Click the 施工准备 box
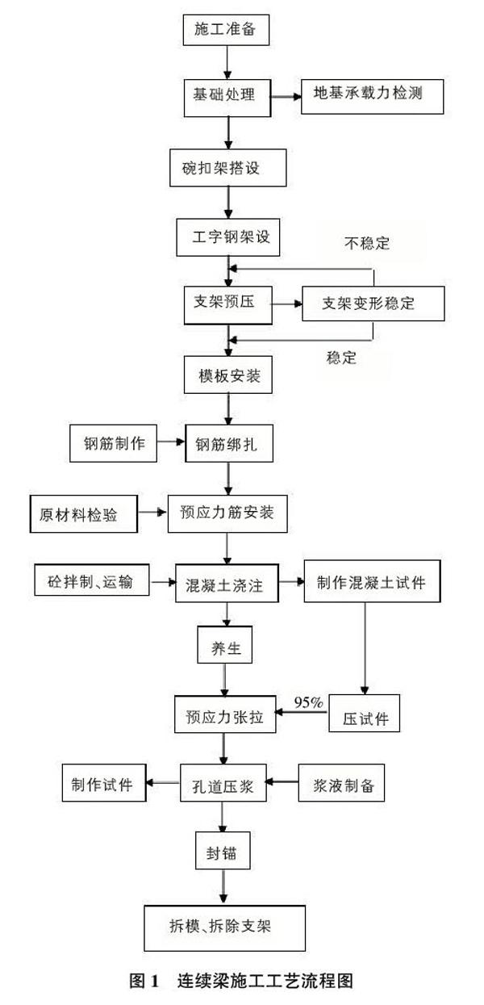(x=227, y=30)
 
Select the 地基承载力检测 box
(x=373, y=96)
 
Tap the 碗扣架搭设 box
(x=228, y=168)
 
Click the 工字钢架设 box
(x=228, y=237)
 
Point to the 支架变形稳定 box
(x=373, y=304)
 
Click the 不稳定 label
(x=367, y=243)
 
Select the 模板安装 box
(x=228, y=375)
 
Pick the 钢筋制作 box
(x=114, y=443)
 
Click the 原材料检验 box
(x=84, y=514)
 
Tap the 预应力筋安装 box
(x=227, y=513)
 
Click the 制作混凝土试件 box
(x=373, y=581)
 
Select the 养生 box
(x=225, y=645)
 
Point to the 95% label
(x=308, y=702)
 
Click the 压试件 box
(x=365, y=714)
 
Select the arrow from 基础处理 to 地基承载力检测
(x=286, y=96)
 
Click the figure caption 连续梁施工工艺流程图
(x=265, y=981)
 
